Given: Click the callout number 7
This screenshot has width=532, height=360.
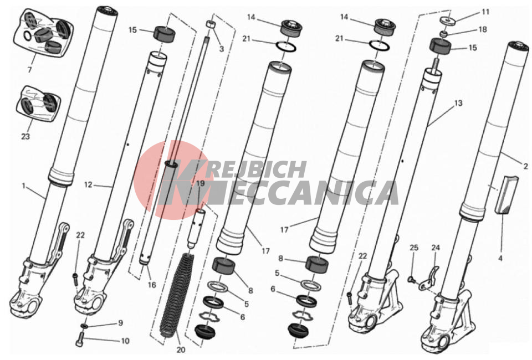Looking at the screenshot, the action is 29,70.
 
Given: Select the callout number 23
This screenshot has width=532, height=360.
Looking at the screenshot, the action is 25,136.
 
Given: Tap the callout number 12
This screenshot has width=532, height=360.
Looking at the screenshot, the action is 88,185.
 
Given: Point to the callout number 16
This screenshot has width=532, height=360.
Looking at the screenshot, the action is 152,285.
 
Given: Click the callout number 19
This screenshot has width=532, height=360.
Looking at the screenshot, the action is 201,183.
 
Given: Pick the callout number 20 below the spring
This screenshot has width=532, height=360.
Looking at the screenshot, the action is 181,350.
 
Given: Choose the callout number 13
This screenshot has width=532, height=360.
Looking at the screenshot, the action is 458,102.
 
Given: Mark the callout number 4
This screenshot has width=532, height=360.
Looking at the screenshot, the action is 500,259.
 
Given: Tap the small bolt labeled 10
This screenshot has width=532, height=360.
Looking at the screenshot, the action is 80,340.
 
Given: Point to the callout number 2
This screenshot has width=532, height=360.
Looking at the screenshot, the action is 525,166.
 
